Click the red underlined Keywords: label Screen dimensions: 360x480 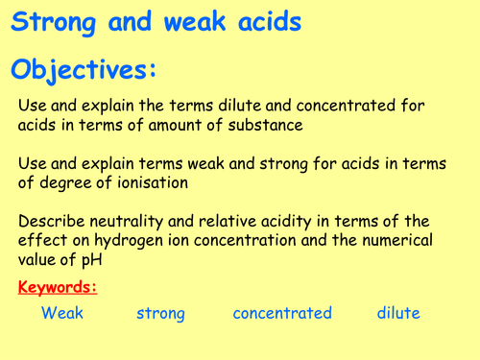pos(58,287)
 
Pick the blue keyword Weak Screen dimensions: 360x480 pos(62,314)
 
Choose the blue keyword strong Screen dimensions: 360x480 pos(160,314)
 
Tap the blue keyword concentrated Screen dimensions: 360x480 pos(282,314)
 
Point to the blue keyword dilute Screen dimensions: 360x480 pos(397,314)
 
